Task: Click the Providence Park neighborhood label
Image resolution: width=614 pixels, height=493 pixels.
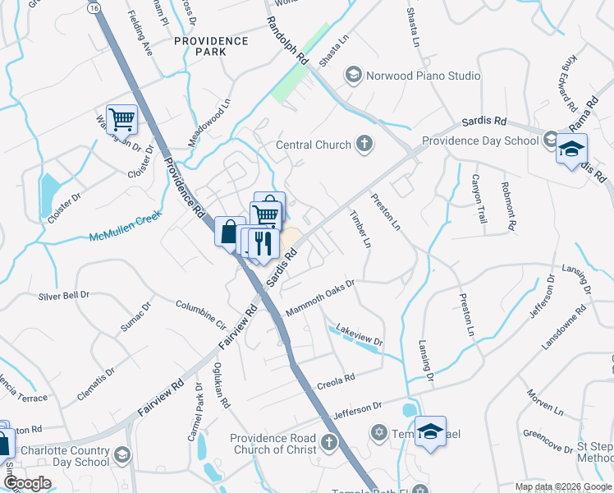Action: tap(211, 46)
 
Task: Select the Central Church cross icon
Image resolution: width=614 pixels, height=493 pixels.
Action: tap(364, 145)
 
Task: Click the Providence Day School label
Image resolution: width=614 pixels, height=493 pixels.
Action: tap(480, 141)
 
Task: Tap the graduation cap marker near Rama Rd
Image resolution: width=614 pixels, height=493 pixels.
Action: tap(571, 149)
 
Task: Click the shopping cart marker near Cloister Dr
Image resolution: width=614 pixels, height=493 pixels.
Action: tap(121, 119)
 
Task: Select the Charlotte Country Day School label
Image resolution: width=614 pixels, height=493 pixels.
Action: tap(65, 456)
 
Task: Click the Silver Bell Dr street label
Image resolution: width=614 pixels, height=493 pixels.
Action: tap(63, 294)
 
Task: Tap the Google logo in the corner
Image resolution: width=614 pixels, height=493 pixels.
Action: tap(27, 483)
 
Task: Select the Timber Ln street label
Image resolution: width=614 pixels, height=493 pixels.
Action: tap(361, 230)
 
